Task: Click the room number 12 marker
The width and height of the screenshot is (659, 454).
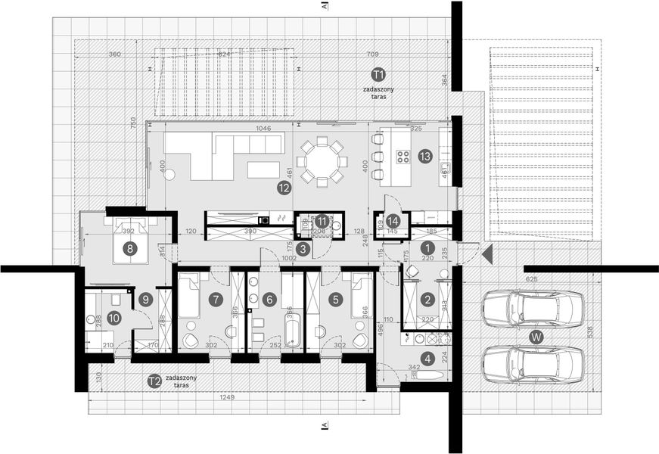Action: (284, 186)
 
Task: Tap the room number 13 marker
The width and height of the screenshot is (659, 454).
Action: (424, 157)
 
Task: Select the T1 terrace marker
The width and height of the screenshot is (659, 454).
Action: (378, 74)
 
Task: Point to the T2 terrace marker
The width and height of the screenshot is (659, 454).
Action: (154, 381)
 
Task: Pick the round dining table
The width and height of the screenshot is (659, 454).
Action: (322, 161)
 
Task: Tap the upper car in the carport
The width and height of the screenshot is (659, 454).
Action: (533, 309)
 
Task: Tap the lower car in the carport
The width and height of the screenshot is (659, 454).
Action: (533, 364)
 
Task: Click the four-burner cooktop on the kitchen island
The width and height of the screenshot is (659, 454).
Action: (403, 158)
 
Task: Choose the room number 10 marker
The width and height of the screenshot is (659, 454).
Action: (113, 318)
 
